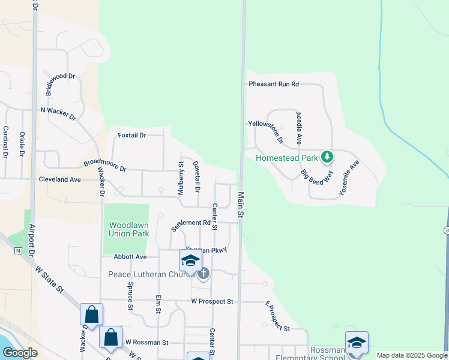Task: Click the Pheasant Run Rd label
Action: (274, 85)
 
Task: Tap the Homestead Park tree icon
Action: (327, 157)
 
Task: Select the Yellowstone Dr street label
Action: (266, 131)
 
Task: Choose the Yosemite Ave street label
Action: (349, 178)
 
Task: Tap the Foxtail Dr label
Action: (132, 136)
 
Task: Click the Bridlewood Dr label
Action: (61, 85)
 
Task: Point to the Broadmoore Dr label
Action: (105, 166)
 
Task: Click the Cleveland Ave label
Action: (59, 179)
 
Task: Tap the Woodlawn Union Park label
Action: (128, 229)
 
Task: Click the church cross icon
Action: (203, 274)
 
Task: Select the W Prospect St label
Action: (212, 301)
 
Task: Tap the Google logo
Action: (20, 353)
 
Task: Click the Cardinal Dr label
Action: (5, 142)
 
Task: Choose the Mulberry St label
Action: (180, 178)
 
